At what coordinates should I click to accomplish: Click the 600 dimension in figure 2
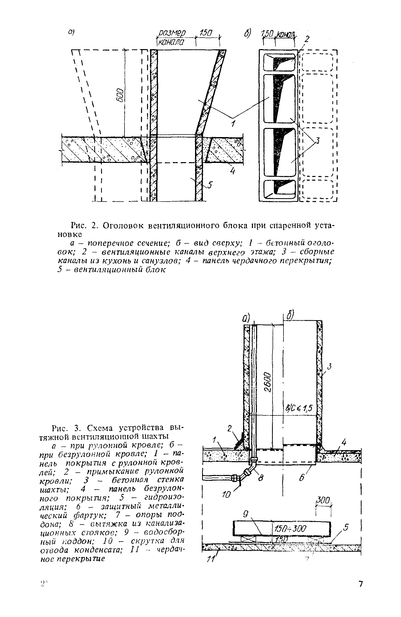pos(119,96)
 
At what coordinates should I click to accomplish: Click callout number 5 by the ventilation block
pos(210,185)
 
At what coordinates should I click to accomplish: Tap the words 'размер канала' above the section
pos(171,37)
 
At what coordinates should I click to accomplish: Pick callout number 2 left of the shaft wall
pos(229,428)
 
